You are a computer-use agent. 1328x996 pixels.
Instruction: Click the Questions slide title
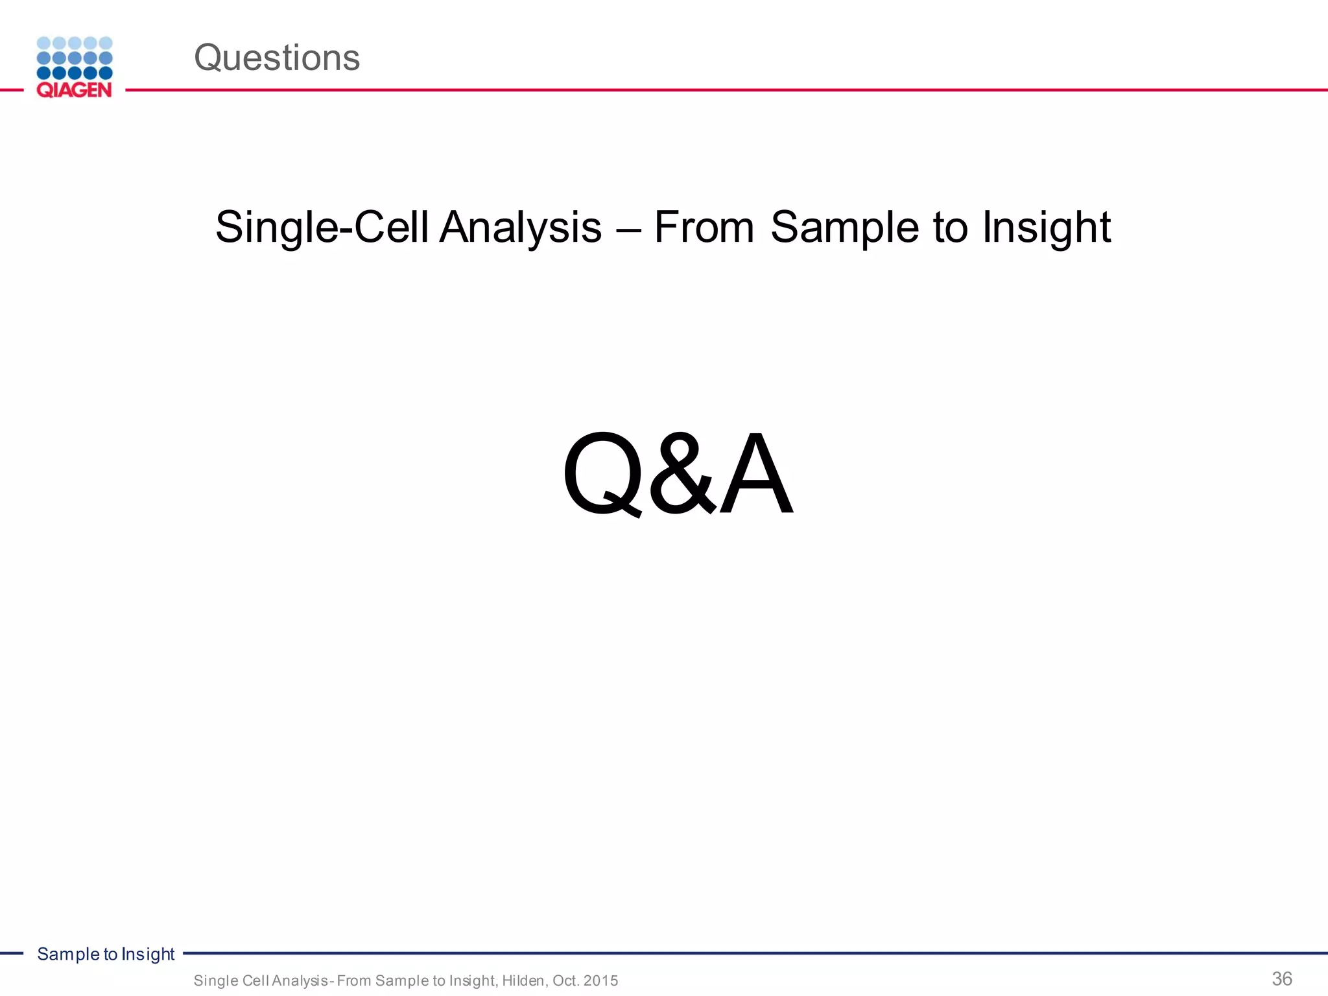tap(277, 58)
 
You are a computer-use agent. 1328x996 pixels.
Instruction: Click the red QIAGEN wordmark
tap(74, 90)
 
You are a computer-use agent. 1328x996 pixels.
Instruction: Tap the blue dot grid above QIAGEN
tap(75, 58)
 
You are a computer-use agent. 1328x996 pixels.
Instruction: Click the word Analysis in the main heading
tap(521, 228)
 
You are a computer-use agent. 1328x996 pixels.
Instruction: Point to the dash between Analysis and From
tap(627, 229)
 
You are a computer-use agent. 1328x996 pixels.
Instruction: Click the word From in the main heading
tap(704, 228)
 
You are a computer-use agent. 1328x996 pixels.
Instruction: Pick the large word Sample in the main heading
tap(845, 228)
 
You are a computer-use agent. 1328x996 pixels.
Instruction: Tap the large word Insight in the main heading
tap(1047, 228)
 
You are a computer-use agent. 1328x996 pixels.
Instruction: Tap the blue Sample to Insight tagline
tap(106, 954)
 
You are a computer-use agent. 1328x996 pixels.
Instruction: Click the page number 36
tap(1282, 978)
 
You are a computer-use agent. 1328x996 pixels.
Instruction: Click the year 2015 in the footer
tap(600, 980)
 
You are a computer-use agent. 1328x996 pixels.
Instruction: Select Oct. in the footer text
tap(565, 980)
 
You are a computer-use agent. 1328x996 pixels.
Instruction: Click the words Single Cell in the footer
tap(231, 980)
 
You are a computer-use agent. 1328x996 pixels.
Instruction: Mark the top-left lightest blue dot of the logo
tap(43, 43)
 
